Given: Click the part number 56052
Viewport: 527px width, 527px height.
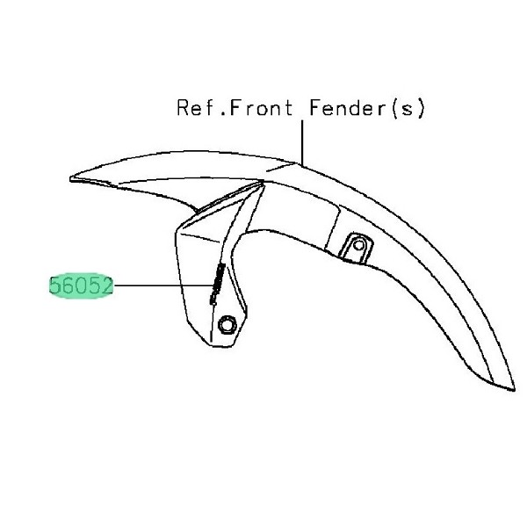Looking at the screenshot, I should (x=81, y=285).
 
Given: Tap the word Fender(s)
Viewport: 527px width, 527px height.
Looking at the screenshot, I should (x=365, y=109).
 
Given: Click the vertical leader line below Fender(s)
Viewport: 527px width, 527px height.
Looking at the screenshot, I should (x=301, y=141).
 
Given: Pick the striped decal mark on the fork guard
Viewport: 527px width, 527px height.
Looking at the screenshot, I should (x=217, y=283).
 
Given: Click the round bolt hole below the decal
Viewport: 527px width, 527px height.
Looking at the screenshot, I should (x=227, y=325).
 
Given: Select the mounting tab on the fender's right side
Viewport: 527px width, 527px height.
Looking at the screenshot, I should (x=355, y=247).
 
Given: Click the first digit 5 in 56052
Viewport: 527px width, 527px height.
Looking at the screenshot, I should (x=55, y=285).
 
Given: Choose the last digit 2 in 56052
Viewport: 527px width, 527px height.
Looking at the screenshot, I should (x=106, y=285).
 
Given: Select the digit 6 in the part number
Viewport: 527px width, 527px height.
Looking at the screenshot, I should (x=68, y=285).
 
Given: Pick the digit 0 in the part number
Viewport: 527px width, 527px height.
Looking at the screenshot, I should (x=81, y=285).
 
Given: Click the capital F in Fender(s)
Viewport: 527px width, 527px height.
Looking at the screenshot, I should (x=314, y=109).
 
